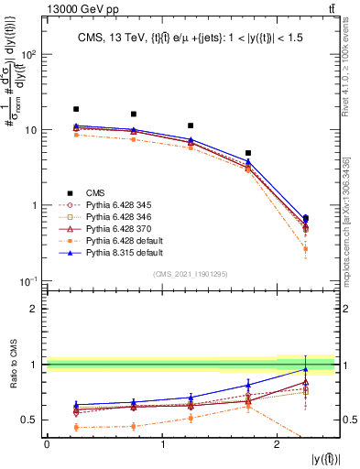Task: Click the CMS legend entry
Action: click(83, 192)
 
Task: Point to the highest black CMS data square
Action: click(76, 109)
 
